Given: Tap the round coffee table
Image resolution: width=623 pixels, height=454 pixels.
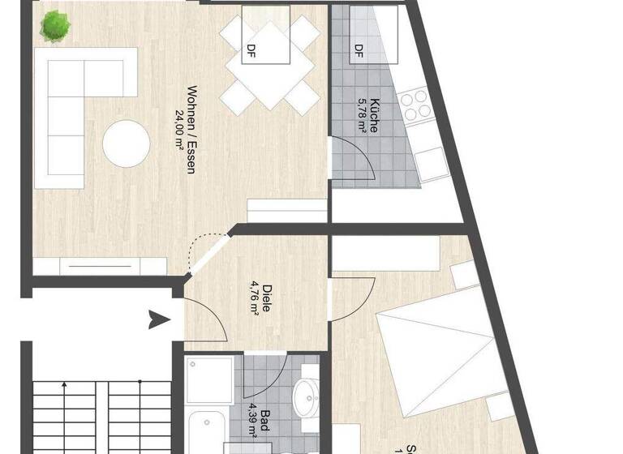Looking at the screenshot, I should (126, 144).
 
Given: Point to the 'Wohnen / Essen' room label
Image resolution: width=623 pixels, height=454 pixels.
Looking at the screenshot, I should (191, 130).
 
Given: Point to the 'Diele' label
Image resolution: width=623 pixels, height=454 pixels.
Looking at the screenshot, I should (267, 298).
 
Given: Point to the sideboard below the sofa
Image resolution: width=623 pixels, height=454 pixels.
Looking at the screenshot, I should (101, 265).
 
